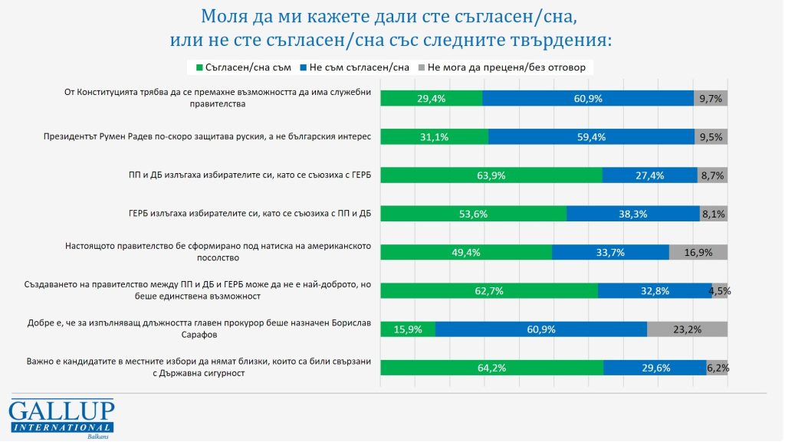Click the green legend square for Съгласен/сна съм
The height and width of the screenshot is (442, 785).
pyautogui.click(x=200, y=67)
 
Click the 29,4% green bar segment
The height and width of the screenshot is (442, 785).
pyautogui.click(x=432, y=98)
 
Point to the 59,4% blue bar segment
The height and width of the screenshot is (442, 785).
pyautogui.click(x=590, y=136)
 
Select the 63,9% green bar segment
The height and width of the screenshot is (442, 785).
pyautogui.click(x=491, y=175)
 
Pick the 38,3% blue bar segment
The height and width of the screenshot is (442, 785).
pyautogui.click(x=632, y=214)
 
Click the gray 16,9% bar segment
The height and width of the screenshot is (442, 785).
pyautogui.click(x=698, y=252)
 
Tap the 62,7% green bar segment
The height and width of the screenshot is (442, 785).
pyautogui.click(x=489, y=290)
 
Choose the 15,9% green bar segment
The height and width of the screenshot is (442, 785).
pyautogui.click(x=408, y=329)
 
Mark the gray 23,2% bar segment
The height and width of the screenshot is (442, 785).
pyautogui.click(x=687, y=329)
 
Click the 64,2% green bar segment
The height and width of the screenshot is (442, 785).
pyautogui.click(x=491, y=368)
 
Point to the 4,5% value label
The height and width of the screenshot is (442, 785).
pyautogui.click(x=721, y=291)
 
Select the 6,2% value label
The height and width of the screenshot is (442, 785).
pyautogui.click(x=718, y=368)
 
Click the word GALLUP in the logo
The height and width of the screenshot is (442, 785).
pyautogui.click(x=61, y=409)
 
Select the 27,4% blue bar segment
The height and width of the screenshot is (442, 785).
pyautogui.click(x=649, y=175)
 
